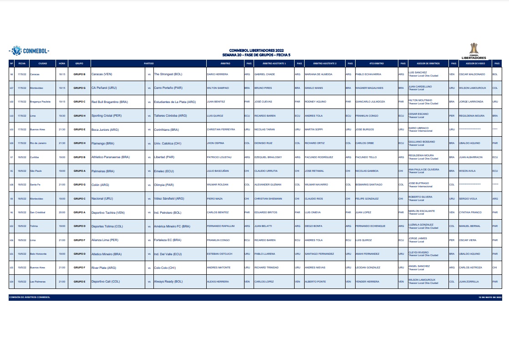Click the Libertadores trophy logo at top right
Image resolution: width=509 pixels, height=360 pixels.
click(x=474, y=51)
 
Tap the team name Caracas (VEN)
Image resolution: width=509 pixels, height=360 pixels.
click(x=102, y=74)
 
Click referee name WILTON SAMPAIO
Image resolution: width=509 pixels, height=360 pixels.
click(x=218, y=87)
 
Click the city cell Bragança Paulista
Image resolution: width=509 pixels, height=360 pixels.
click(x=40, y=102)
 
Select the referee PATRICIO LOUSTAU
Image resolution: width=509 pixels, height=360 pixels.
click(x=219, y=157)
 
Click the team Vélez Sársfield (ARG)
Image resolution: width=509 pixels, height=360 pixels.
click(x=169, y=199)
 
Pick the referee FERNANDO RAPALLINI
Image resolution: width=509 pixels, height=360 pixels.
click(x=220, y=226)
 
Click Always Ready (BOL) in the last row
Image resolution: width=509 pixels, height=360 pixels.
click(x=168, y=282)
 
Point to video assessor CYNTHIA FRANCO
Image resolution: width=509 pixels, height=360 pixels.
click(x=470, y=212)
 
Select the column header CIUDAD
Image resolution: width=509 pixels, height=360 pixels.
click(x=43, y=63)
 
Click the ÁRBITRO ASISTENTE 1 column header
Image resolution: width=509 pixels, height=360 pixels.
click(x=275, y=63)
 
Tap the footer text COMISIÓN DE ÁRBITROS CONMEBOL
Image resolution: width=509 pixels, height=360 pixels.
click(x=29, y=297)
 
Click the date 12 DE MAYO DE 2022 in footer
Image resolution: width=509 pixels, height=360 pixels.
click(x=490, y=297)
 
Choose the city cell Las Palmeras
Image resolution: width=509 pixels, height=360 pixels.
click(x=37, y=282)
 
